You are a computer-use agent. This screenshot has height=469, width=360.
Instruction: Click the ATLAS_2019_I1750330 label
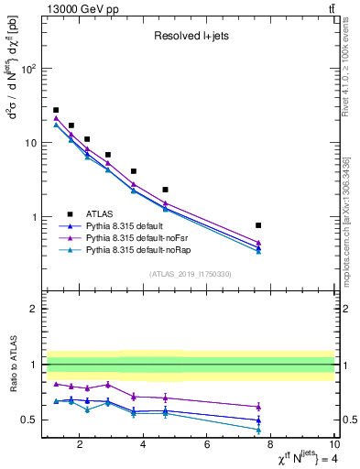(189, 274)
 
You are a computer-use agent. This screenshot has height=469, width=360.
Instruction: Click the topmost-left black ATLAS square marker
(56, 110)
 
